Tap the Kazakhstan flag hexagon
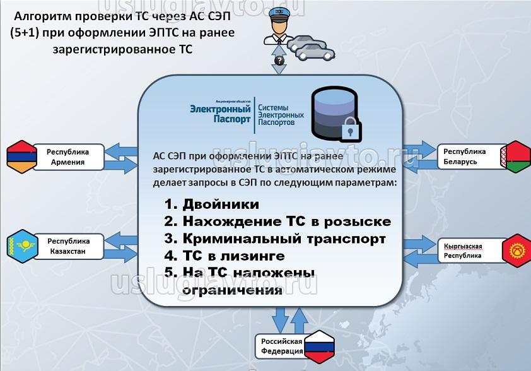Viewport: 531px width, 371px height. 21,245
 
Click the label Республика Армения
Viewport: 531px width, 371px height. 69,157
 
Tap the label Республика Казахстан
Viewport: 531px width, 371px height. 69,245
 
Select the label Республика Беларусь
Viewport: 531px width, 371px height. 464,156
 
